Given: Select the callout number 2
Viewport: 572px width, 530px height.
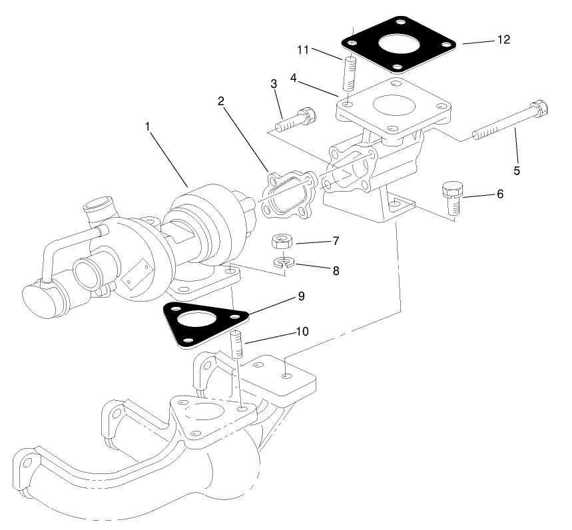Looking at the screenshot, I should point(221,101).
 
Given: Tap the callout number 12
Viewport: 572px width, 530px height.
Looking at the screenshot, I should point(503,40).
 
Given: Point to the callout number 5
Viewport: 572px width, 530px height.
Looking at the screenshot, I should point(516,170).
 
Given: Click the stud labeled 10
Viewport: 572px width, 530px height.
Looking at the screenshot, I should point(237,346).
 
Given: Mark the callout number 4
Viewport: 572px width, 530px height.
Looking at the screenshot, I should point(294,78).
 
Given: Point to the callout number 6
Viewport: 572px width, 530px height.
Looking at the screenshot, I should point(500,194).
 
